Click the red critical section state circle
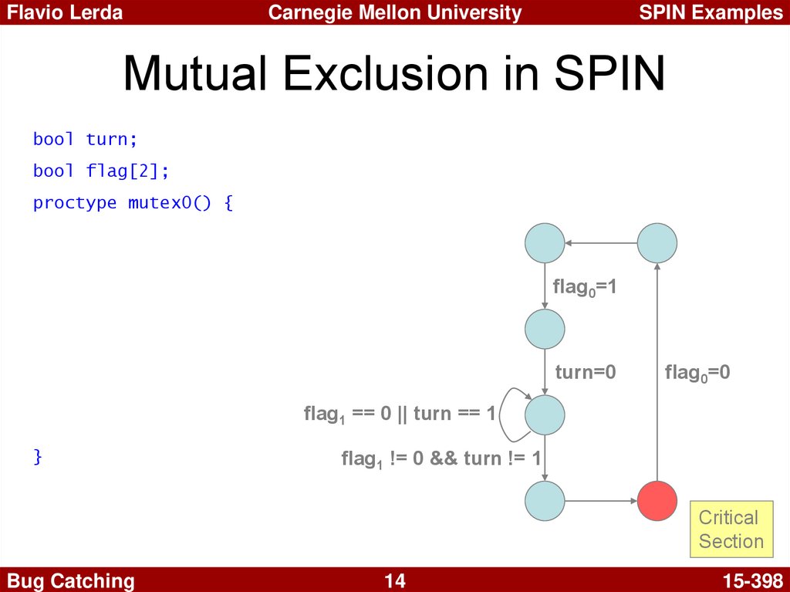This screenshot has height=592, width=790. pos(657,501)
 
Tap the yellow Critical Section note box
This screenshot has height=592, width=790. pos(731,529)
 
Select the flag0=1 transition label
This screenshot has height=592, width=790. pos(585,287)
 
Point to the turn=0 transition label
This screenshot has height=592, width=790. pos(586,372)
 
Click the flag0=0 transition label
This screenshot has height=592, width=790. pos(697,373)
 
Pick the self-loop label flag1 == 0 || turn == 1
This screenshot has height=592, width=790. pos(400,414)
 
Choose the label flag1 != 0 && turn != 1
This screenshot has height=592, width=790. pos(441,459)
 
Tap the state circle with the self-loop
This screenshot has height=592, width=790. pos(545,415)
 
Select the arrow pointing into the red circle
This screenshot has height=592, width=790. pos(601,501)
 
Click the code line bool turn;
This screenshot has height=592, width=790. pos(85,139)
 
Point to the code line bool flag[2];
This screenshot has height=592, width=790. pos(101,171)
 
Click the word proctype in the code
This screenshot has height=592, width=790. pos(75,203)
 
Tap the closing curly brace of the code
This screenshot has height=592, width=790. pos(37,457)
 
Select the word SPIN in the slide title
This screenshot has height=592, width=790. pos(609,73)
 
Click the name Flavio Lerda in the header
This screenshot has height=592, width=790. pos(65,12)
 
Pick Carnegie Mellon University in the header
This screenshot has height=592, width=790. pos(395,12)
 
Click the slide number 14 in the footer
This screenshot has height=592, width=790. pos(395,581)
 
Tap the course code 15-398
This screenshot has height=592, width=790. pos(753,581)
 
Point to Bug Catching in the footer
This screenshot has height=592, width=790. pos(70,581)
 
